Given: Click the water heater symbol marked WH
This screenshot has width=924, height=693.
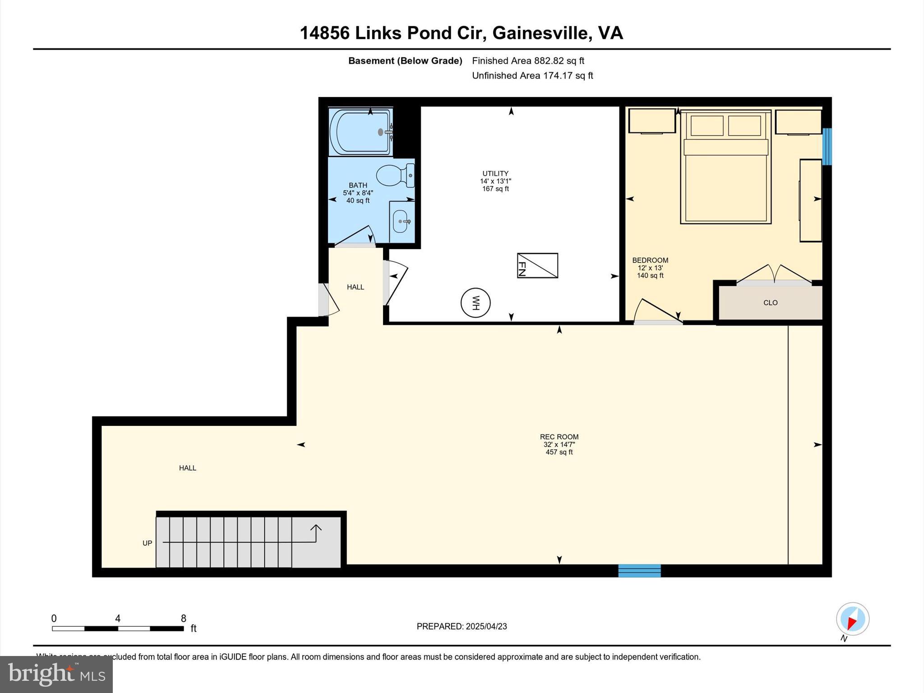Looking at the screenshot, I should click(x=476, y=303).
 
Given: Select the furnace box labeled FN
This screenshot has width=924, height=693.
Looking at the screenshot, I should click(x=537, y=265).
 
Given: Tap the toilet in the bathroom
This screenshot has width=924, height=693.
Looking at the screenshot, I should click(x=394, y=176).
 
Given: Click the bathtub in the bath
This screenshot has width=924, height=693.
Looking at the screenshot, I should click(x=360, y=132).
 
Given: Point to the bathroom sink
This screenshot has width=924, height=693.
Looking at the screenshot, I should click(x=401, y=222).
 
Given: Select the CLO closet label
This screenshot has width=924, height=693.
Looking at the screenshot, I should click(x=770, y=303).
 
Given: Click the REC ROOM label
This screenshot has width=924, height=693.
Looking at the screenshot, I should click(x=559, y=437).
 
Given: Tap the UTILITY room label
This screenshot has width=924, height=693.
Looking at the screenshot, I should click(x=495, y=173).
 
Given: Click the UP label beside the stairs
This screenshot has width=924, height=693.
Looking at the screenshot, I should click(x=147, y=543).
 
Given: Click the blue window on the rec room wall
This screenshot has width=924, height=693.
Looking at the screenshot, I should click(x=639, y=571).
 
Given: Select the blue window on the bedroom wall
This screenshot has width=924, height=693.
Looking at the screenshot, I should click(x=827, y=147).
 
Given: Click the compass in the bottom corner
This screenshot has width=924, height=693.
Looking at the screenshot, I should click(x=852, y=619).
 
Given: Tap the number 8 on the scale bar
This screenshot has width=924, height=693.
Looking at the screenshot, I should click(x=184, y=619).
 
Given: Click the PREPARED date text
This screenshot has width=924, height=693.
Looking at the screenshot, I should click(x=462, y=626).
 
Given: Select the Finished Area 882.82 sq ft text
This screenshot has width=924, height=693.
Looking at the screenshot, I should click(x=528, y=60).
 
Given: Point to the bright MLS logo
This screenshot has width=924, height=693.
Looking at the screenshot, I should click(x=56, y=674).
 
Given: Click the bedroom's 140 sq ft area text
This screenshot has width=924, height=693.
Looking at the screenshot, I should click(x=650, y=275).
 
